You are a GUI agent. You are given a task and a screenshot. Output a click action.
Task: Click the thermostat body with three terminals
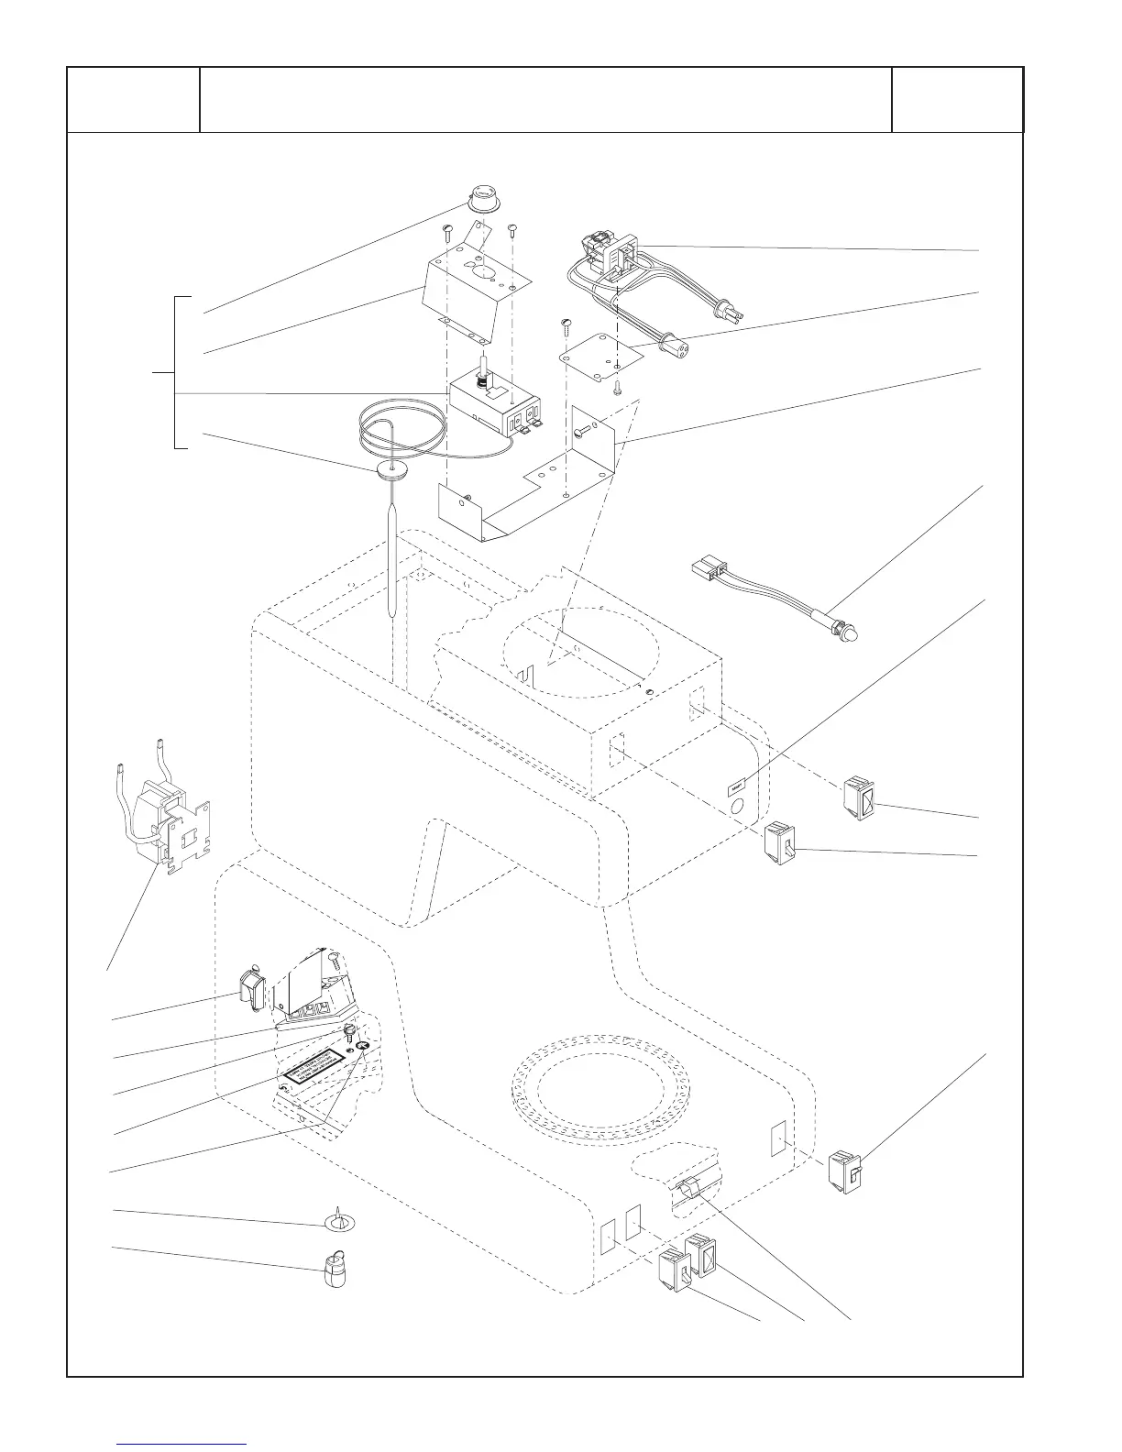pos(496,409)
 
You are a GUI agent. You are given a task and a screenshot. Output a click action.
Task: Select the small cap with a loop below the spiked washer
pos(335,1270)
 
